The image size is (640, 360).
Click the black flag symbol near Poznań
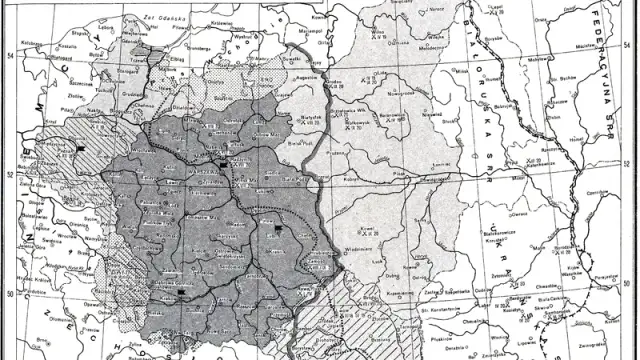[x=78, y=150]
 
